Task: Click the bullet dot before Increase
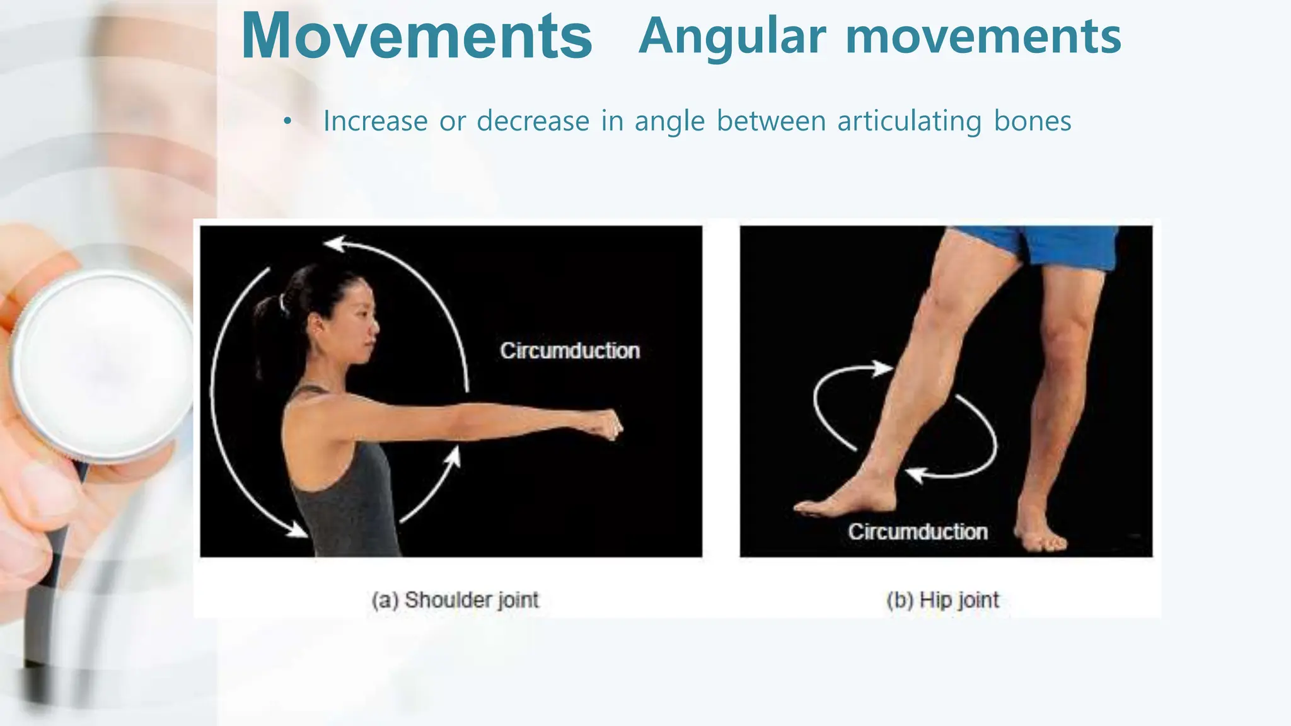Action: (x=287, y=121)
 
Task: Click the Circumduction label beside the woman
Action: (x=570, y=350)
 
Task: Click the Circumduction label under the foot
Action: (x=917, y=531)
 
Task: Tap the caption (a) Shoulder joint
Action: (x=455, y=599)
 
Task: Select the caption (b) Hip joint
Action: (x=942, y=599)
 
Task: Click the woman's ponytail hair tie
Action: (x=282, y=304)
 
